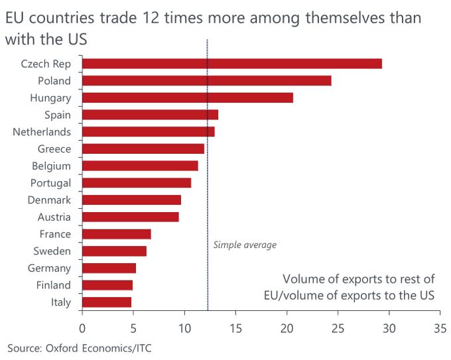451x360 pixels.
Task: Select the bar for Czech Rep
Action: (231, 64)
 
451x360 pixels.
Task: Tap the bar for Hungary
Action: (187, 97)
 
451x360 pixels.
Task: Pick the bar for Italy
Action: (106, 302)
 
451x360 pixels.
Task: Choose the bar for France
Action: (116, 234)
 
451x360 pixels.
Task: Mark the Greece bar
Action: (143, 149)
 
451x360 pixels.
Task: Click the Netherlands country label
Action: (42, 132)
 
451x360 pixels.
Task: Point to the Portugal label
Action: (50, 183)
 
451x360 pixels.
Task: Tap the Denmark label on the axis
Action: (49, 200)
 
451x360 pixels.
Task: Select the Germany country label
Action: (49, 268)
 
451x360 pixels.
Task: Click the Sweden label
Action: (52, 251)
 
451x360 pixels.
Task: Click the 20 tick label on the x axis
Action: (287, 328)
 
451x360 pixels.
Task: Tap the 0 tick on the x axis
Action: (82, 328)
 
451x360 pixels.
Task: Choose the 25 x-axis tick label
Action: (338, 328)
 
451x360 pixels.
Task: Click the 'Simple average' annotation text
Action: (245, 245)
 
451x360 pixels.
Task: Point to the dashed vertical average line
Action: (208, 199)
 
